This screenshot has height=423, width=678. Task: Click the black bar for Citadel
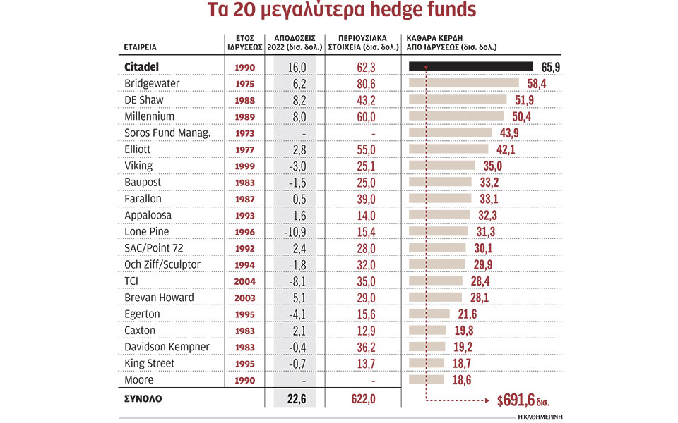(x=470, y=66)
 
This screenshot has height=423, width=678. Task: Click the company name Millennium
(x=149, y=116)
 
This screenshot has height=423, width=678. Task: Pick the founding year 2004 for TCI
(x=244, y=281)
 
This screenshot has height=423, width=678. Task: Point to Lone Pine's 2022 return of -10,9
(x=295, y=231)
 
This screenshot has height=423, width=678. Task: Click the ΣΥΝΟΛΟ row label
(x=143, y=398)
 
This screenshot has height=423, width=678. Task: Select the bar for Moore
(x=427, y=379)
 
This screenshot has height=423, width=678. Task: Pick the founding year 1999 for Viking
(x=244, y=165)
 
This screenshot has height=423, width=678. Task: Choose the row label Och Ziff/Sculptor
(x=163, y=264)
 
